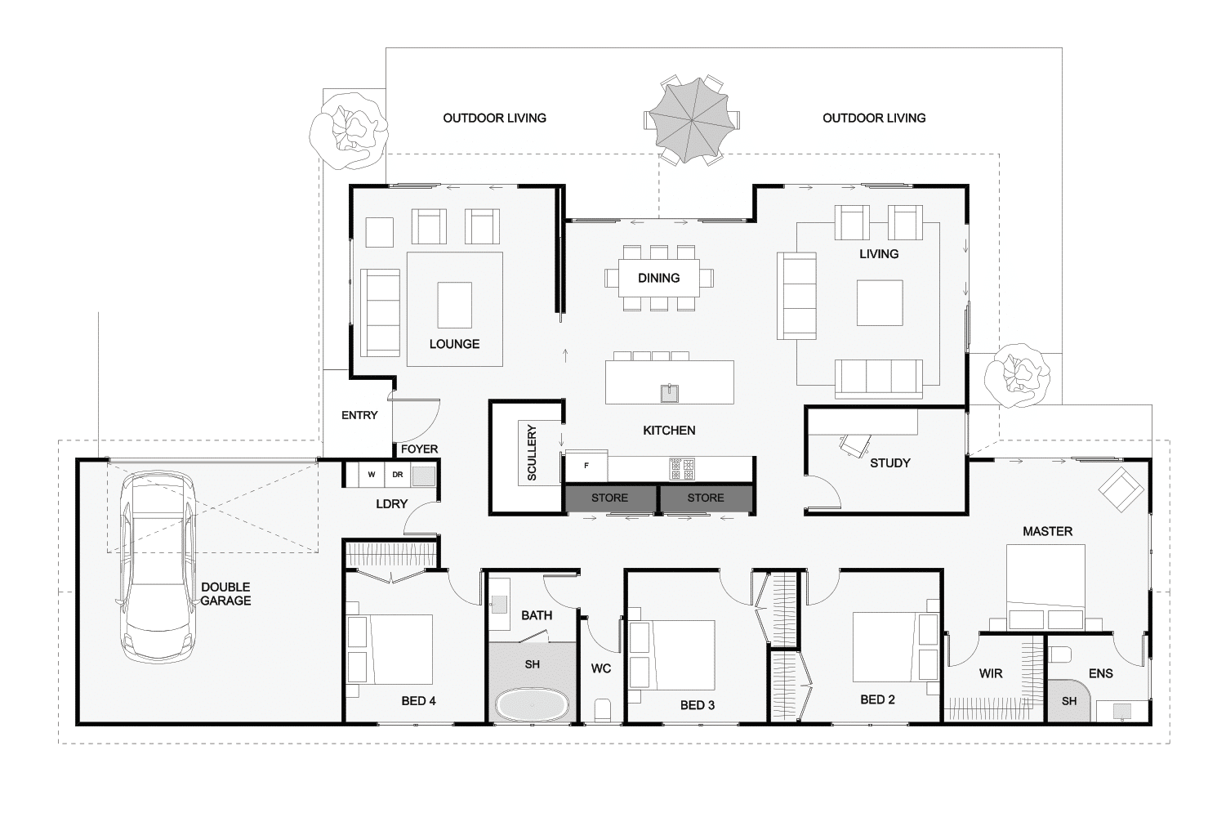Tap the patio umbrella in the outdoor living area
(692, 120)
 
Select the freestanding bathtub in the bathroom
(532, 705)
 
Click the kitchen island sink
(670, 392)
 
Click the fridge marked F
(586, 466)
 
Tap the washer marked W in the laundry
(372, 475)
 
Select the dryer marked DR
(398, 475)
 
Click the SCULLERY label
(532, 453)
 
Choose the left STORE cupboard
(610, 498)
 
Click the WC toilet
(603, 710)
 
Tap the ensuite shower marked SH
(1068, 701)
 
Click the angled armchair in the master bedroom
(1121, 489)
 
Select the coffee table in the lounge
(455, 305)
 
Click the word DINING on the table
(658, 279)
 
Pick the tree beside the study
(1017, 376)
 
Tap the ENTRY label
(359, 415)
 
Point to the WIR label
(991, 674)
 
